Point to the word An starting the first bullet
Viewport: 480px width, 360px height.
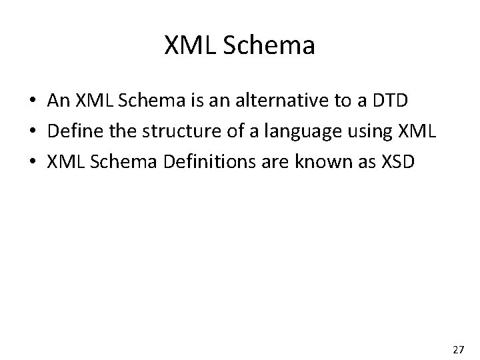click(58, 101)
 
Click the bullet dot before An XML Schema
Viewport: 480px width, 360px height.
click(33, 101)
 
